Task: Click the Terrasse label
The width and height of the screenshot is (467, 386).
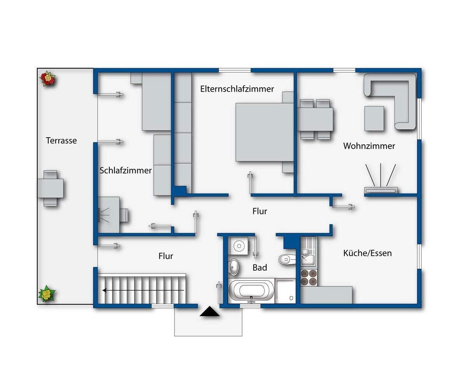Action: point(61,140)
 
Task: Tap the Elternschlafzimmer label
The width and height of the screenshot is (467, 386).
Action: point(237,89)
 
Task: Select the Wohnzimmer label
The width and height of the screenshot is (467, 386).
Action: point(369,146)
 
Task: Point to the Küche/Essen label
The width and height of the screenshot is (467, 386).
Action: point(367,253)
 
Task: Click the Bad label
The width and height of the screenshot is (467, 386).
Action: point(260,267)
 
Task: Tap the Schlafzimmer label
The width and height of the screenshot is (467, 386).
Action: point(125,171)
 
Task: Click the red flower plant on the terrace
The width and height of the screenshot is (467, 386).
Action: point(47,78)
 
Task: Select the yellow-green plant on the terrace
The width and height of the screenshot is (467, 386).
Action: point(47,294)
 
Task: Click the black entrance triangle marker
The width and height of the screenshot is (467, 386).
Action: point(210,311)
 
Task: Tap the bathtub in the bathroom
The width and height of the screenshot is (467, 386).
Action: point(251,291)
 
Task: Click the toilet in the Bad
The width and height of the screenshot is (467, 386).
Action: point(287,260)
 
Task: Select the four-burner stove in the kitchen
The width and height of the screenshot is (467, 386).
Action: point(309,277)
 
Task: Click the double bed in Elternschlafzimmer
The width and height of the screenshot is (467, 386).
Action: point(265,132)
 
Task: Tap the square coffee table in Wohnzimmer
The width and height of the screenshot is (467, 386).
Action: point(374,119)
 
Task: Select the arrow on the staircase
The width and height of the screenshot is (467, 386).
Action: point(143,290)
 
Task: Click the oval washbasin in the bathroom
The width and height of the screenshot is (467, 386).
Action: point(234,267)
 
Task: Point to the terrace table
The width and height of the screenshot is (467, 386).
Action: point(50,188)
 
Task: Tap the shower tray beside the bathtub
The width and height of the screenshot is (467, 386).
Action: point(286,291)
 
